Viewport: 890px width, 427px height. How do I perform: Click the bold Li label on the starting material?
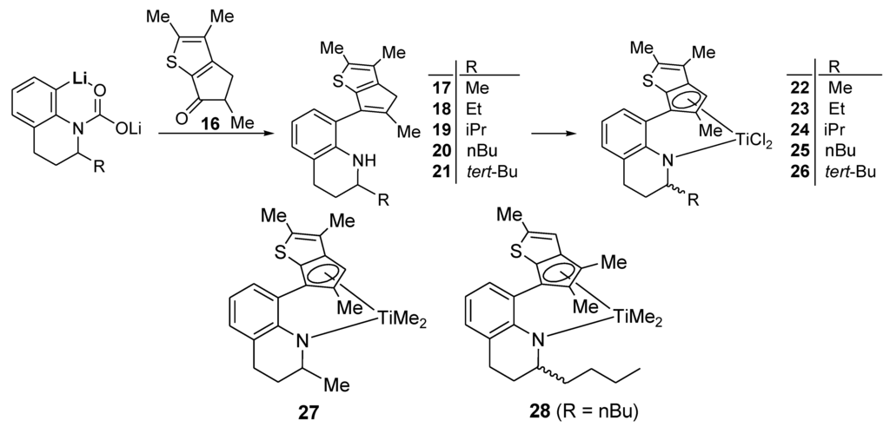click(x=84, y=80)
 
